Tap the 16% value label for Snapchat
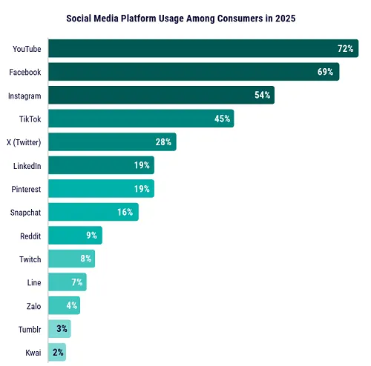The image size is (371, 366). pos(125,212)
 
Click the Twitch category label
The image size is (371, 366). pos(30,259)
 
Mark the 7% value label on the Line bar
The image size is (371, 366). pos(76,282)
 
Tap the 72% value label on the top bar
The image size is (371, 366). pos(345,49)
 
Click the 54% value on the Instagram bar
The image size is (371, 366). pos(262,96)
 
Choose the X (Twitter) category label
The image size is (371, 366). pos(25,142)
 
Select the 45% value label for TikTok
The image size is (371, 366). pos(221,119)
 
